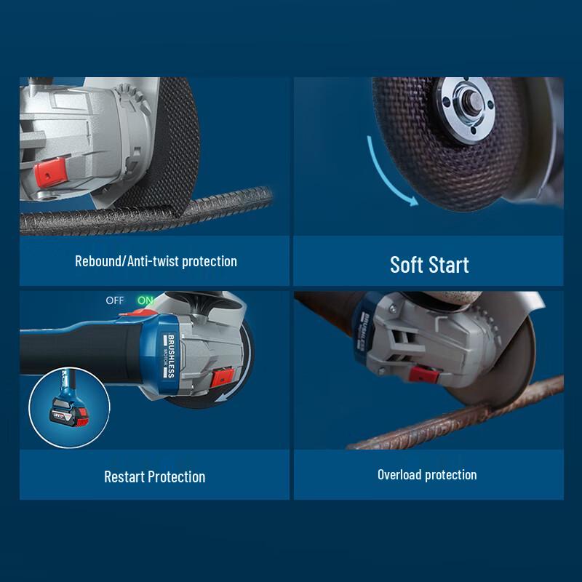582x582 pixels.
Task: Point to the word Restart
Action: click(124, 477)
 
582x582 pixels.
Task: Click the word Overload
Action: click(400, 475)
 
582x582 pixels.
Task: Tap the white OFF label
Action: click(115, 300)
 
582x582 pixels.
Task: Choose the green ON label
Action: click(145, 300)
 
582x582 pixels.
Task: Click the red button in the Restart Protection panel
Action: click(221, 378)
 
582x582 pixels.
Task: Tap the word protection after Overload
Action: click(452, 475)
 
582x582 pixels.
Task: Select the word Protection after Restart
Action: click(177, 477)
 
